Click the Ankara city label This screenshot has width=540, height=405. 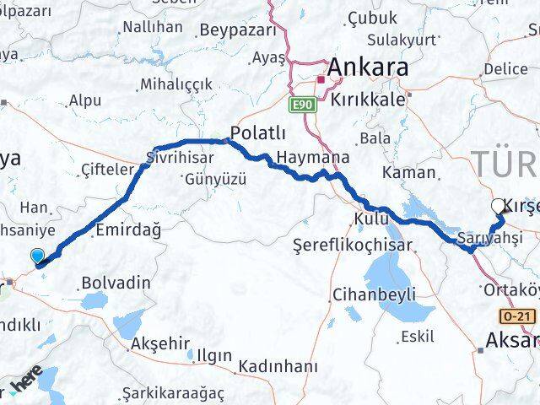(x=368, y=67)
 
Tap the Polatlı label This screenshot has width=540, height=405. (x=259, y=133)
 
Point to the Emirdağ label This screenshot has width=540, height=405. (x=127, y=229)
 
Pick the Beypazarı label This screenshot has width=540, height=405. (x=238, y=30)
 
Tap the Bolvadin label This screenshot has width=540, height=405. (x=116, y=283)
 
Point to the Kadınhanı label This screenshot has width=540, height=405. (x=278, y=367)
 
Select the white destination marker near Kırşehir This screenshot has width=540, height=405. (x=498, y=205)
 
